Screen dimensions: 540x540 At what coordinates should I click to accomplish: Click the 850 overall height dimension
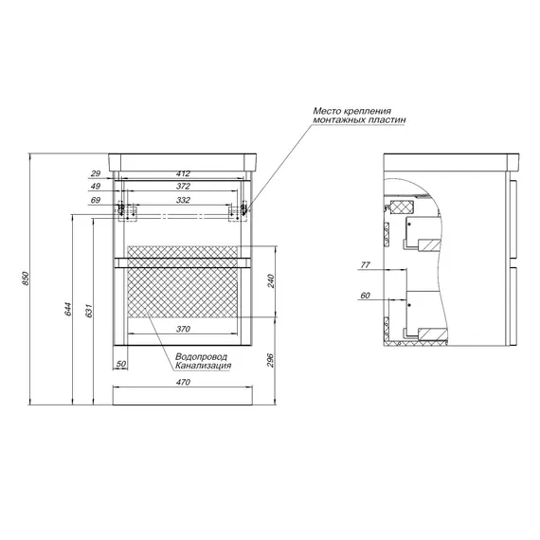[x=26, y=279]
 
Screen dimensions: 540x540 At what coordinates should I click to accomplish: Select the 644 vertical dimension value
[x=68, y=309]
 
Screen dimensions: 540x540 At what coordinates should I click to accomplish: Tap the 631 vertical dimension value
[x=89, y=310]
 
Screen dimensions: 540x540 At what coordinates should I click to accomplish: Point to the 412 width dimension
[x=183, y=174]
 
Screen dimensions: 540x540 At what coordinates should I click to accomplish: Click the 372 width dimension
[x=183, y=187]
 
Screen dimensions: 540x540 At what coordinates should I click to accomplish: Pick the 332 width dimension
[x=183, y=200]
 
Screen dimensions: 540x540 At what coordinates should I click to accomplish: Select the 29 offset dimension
[x=96, y=174]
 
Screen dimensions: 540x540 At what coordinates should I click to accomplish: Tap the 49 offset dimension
[x=96, y=187]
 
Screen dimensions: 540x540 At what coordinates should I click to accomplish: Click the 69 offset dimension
[x=96, y=200]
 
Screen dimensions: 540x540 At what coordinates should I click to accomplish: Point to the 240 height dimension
[x=271, y=281]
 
